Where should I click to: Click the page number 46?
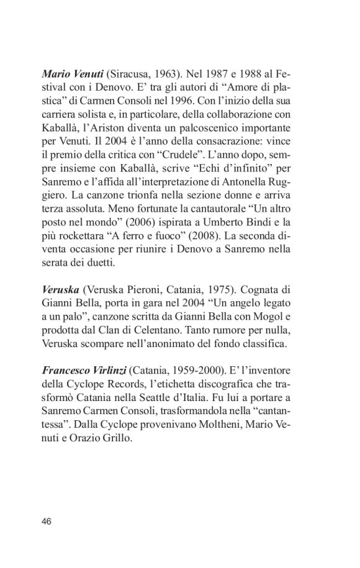click(x=47, y=521)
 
